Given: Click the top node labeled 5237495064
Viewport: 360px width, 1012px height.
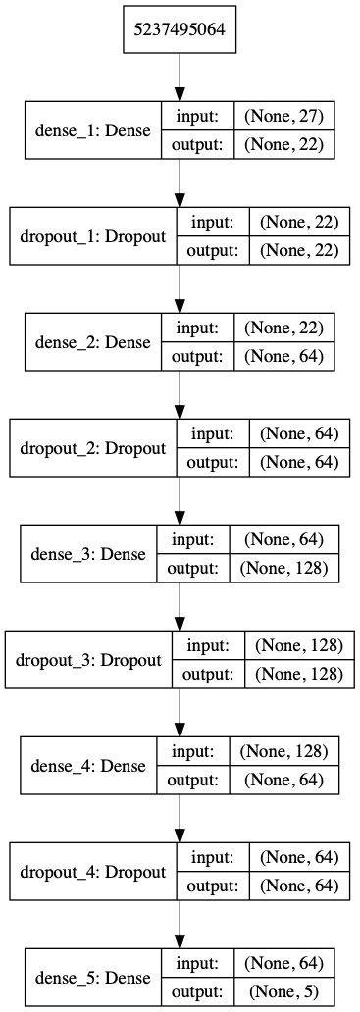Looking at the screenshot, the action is click(x=180, y=29).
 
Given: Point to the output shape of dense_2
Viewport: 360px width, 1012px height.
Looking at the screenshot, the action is click(x=284, y=356).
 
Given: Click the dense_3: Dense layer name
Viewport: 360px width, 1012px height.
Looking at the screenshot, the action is click(x=89, y=554).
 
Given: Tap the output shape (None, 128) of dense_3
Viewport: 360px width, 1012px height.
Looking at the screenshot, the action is click(x=284, y=568).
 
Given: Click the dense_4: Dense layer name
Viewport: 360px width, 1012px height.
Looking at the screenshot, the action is click(x=89, y=766).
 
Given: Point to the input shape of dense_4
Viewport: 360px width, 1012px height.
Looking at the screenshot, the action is click(x=284, y=751).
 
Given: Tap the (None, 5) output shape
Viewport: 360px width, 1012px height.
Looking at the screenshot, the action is click(x=284, y=992).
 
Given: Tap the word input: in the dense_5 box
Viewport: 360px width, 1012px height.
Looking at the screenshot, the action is click(x=201, y=964).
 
